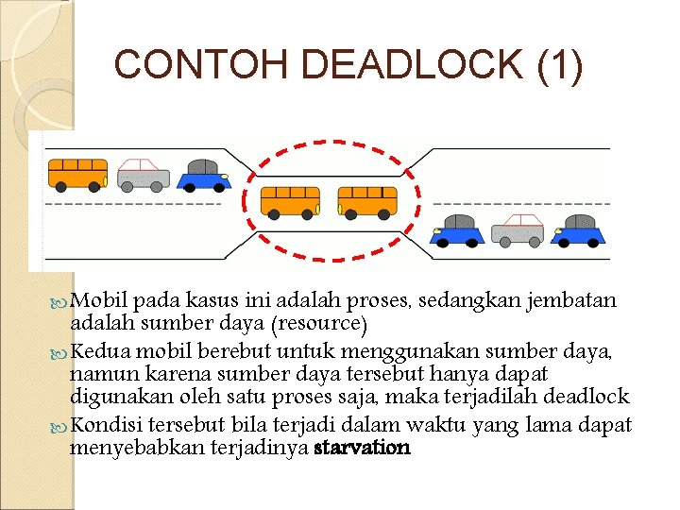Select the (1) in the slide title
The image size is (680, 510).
click(559, 64)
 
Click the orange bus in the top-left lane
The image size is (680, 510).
click(77, 173)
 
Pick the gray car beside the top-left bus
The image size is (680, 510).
click(142, 174)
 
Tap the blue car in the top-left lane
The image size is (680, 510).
click(204, 175)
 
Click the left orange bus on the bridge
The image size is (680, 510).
click(290, 200)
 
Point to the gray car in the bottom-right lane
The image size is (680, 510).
click(518, 229)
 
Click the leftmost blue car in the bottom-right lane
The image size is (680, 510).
click(458, 229)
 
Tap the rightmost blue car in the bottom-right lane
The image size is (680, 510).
click(578, 229)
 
